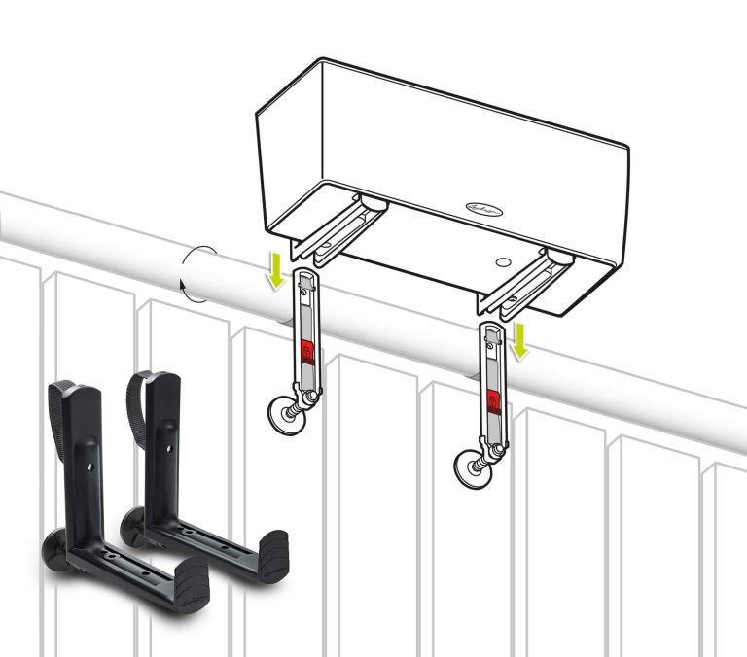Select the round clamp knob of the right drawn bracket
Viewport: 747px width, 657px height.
click(471, 470)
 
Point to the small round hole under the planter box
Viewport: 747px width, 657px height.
click(503, 262)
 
